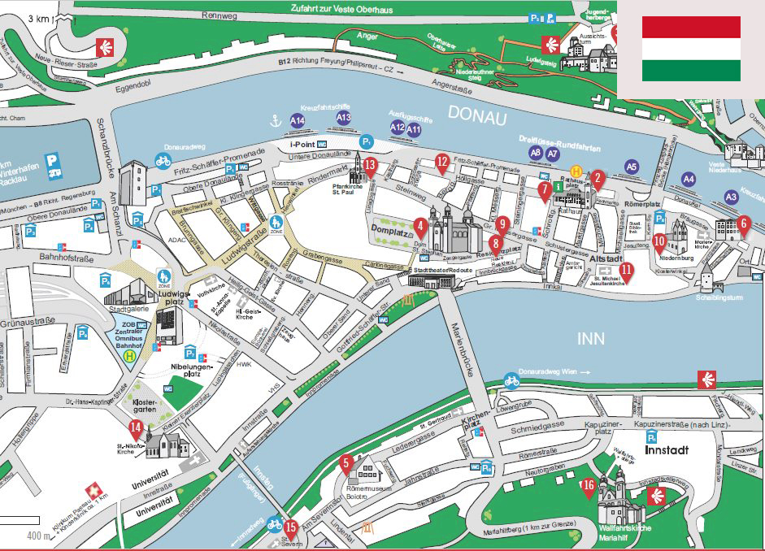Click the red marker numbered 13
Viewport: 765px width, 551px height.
tap(370, 167)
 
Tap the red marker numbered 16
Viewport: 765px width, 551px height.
tap(589, 488)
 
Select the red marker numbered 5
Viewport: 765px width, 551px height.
tap(346, 465)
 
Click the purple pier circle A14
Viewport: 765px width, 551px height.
tap(298, 121)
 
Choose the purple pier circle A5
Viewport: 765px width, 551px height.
tap(632, 167)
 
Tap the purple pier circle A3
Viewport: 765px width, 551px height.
tap(731, 197)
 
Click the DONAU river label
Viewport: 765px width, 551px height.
tap(476, 118)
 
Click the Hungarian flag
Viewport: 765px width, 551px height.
tap(691, 49)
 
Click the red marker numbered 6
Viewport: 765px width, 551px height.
tap(744, 223)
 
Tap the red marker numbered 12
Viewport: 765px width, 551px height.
tap(442, 163)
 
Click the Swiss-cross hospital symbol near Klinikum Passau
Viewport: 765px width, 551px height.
tap(96, 492)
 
